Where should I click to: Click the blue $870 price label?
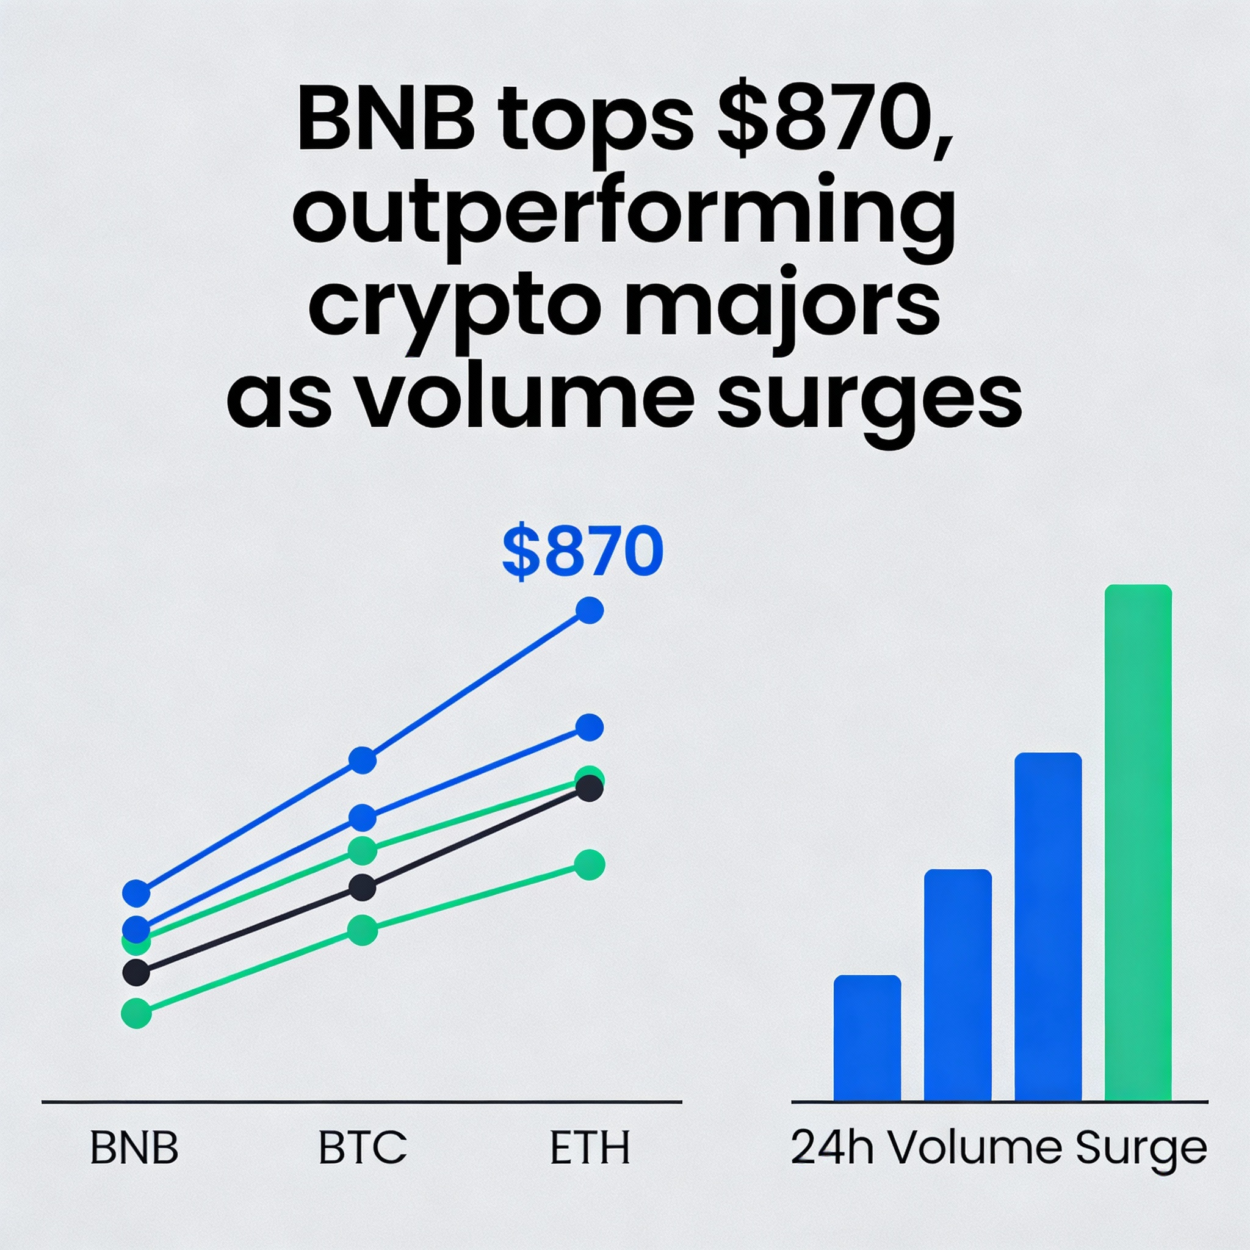click(x=582, y=552)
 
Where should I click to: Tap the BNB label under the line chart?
click(x=134, y=1148)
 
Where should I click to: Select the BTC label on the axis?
click(x=363, y=1148)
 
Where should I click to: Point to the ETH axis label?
click(x=590, y=1148)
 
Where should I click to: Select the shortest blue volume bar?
click(x=867, y=1038)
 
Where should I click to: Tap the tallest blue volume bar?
click(x=1048, y=927)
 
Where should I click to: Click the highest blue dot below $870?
click(x=590, y=610)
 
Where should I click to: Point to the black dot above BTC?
click(x=363, y=887)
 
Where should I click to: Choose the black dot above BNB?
click(x=136, y=972)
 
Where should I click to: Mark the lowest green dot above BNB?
click(x=136, y=1013)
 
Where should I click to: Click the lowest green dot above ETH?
click(x=590, y=865)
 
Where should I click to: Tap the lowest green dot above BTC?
click(x=363, y=930)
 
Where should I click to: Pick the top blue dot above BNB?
click(x=136, y=894)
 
